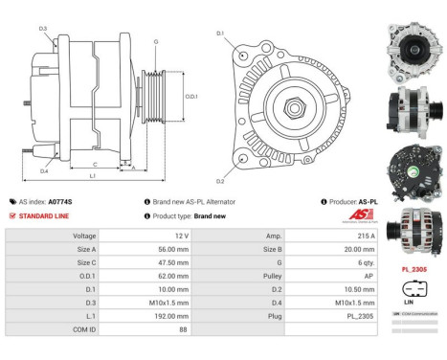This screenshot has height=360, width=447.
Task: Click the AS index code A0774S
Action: [x=60, y=202]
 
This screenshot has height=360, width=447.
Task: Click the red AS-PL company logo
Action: [x=359, y=215]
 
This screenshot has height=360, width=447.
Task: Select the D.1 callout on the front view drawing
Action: [x=220, y=34]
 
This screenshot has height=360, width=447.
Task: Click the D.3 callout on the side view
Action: [x=43, y=29]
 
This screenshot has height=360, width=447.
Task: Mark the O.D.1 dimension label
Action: [x=191, y=96]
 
